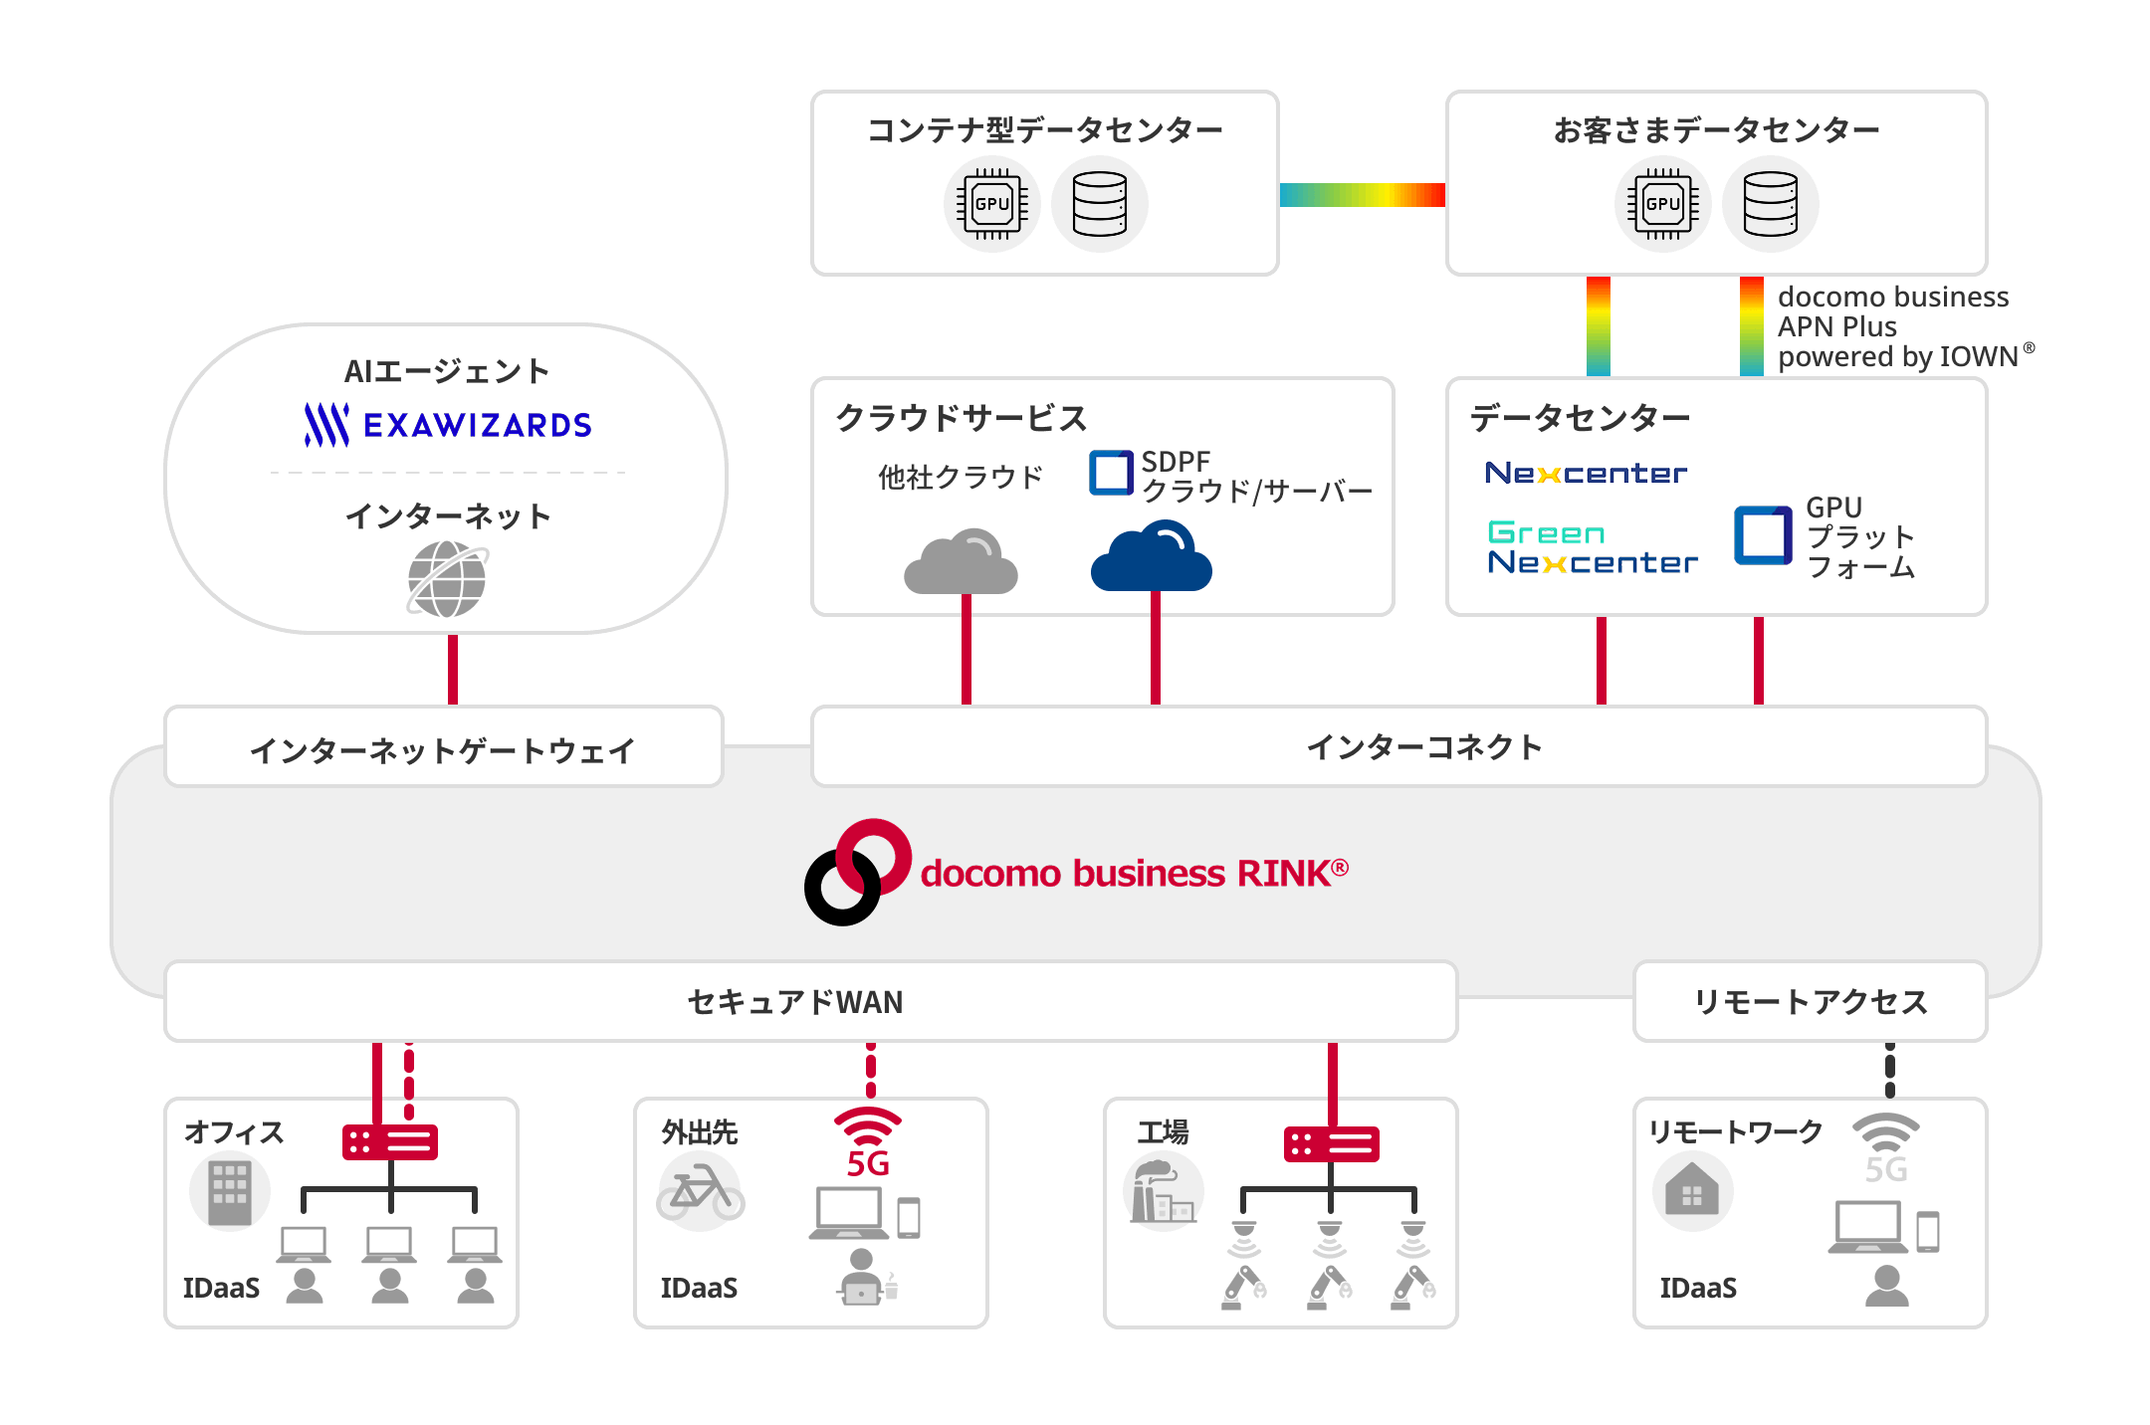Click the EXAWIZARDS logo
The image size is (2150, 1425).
point(448,425)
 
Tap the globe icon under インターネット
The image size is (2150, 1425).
point(447,579)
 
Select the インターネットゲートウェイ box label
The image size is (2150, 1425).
point(443,749)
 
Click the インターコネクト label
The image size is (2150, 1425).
point(1423,746)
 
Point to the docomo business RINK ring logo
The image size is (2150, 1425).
point(857,872)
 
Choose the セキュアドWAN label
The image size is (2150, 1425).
point(795,1001)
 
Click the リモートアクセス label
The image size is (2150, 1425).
point(1811,1001)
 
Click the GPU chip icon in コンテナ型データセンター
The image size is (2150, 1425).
point(992,204)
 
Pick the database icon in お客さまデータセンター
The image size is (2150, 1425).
point(1771,204)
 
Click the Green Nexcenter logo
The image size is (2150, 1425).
point(1592,547)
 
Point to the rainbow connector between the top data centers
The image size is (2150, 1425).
point(1362,195)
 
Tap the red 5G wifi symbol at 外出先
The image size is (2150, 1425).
point(868,1141)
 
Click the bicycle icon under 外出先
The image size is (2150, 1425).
point(701,1191)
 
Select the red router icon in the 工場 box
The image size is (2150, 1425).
point(1332,1143)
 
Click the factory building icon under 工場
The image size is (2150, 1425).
point(1163,1191)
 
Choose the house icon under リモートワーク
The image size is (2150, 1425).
point(1692,1191)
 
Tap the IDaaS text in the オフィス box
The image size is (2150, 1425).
point(221,1288)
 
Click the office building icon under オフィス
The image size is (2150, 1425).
point(229,1191)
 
